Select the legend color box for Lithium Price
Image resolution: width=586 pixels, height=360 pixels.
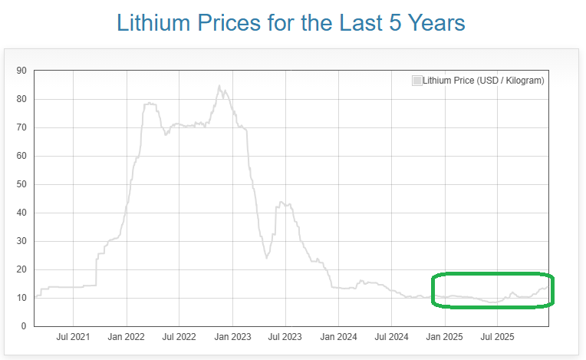point(416,80)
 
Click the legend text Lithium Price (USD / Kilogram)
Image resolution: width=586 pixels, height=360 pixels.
point(483,80)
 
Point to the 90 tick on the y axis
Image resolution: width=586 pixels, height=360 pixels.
point(21,71)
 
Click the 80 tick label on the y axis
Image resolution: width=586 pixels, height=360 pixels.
point(21,99)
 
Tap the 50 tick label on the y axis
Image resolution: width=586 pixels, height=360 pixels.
point(21,184)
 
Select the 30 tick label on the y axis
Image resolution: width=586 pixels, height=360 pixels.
point(21,241)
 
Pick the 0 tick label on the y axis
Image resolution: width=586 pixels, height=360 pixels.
point(24,326)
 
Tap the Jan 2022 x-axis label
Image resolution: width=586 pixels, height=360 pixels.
point(127,337)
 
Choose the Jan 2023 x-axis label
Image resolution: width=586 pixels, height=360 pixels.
point(232,337)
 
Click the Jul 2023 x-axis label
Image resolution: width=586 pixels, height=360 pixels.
point(285,337)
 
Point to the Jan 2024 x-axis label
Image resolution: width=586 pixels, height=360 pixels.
point(338,337)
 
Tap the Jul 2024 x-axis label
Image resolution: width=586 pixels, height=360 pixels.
point(391,337)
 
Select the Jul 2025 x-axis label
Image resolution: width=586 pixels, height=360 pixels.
point(497,337)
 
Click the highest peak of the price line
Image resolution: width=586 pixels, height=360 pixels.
point(219,87)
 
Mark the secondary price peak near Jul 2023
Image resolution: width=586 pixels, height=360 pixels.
point(281,203)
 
